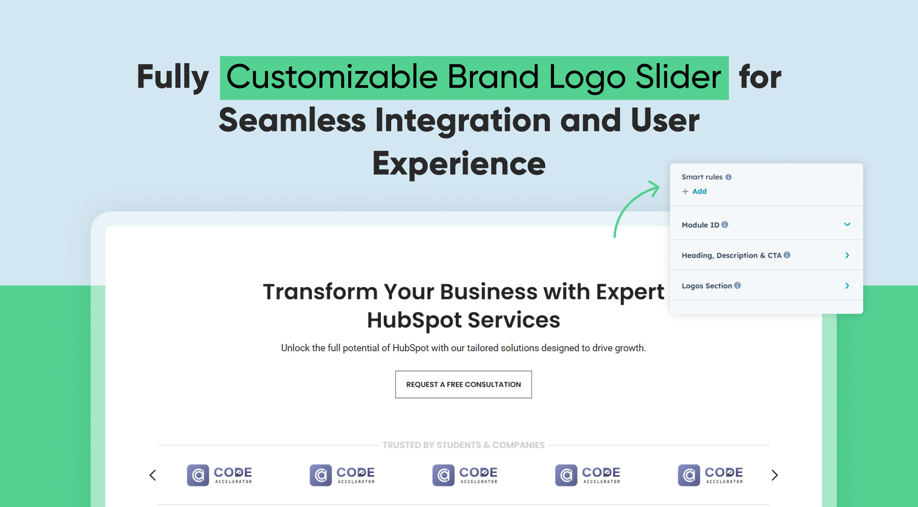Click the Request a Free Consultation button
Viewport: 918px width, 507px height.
pos(463,384)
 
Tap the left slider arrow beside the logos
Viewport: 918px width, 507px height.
pos(153,475)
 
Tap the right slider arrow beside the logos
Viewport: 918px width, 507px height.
pos(775,475)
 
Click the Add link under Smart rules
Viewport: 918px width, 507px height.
pos(694,191)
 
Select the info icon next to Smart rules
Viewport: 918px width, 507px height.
pos(728,177)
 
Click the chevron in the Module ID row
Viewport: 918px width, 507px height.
pos(847,224)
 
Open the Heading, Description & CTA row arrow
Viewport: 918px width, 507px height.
pos(847,255)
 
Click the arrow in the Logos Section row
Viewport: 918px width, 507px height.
pos(847,286)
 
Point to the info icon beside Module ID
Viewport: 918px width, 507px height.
pos(725,224)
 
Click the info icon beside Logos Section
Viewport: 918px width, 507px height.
pos(738,285)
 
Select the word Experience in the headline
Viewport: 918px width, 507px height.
pos(459,165)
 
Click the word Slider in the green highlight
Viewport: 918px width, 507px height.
pos(678,77)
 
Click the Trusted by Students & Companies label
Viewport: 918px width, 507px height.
pos(464,445)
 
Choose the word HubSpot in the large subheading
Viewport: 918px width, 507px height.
pos(414,320)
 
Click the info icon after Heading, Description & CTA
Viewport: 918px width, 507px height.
pos(787,255)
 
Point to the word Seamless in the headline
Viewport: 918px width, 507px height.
pos(292,120)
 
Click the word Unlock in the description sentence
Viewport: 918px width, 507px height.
pos(295,348)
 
